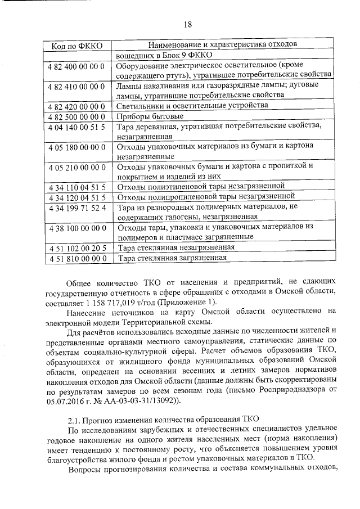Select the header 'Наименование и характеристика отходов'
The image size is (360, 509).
tap(222, 44)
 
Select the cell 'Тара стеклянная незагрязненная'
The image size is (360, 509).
tap(176, 247)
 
